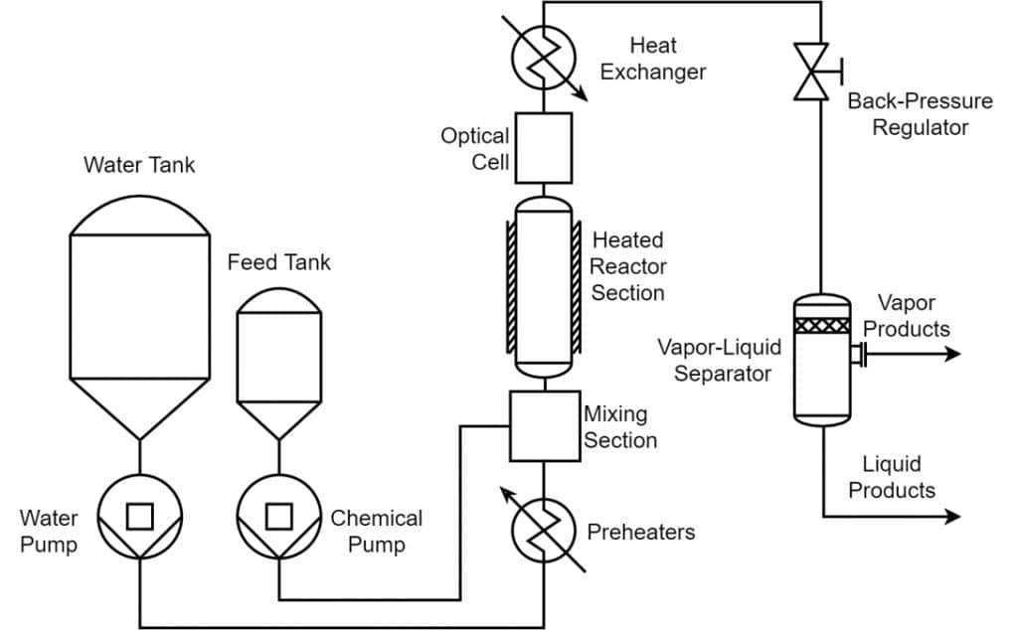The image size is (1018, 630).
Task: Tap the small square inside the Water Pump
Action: [x=140, y=517]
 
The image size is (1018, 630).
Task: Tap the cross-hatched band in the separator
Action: [x=822, y=325]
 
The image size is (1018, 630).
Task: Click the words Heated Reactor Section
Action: [x=628, y=266]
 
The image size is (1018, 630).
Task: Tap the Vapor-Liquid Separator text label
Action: [x=720, y=360]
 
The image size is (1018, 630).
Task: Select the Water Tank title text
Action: [x=139, y=165]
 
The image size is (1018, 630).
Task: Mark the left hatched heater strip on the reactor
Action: [x=512, y=286]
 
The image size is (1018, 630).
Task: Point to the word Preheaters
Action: [x=641, y=532]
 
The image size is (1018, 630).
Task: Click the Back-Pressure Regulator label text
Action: [x=920, y=113]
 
